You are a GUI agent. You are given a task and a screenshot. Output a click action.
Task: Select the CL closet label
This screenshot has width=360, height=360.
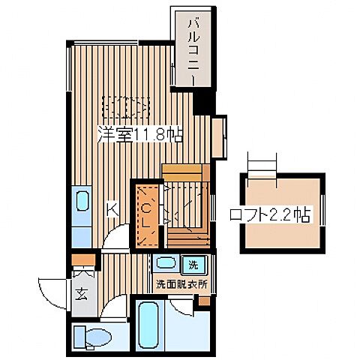tap(147, 213)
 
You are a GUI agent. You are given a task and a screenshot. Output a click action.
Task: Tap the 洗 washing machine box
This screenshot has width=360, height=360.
tap(192, 264)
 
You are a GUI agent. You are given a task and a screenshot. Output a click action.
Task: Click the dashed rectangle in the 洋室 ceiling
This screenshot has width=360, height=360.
tap(124, 110)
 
